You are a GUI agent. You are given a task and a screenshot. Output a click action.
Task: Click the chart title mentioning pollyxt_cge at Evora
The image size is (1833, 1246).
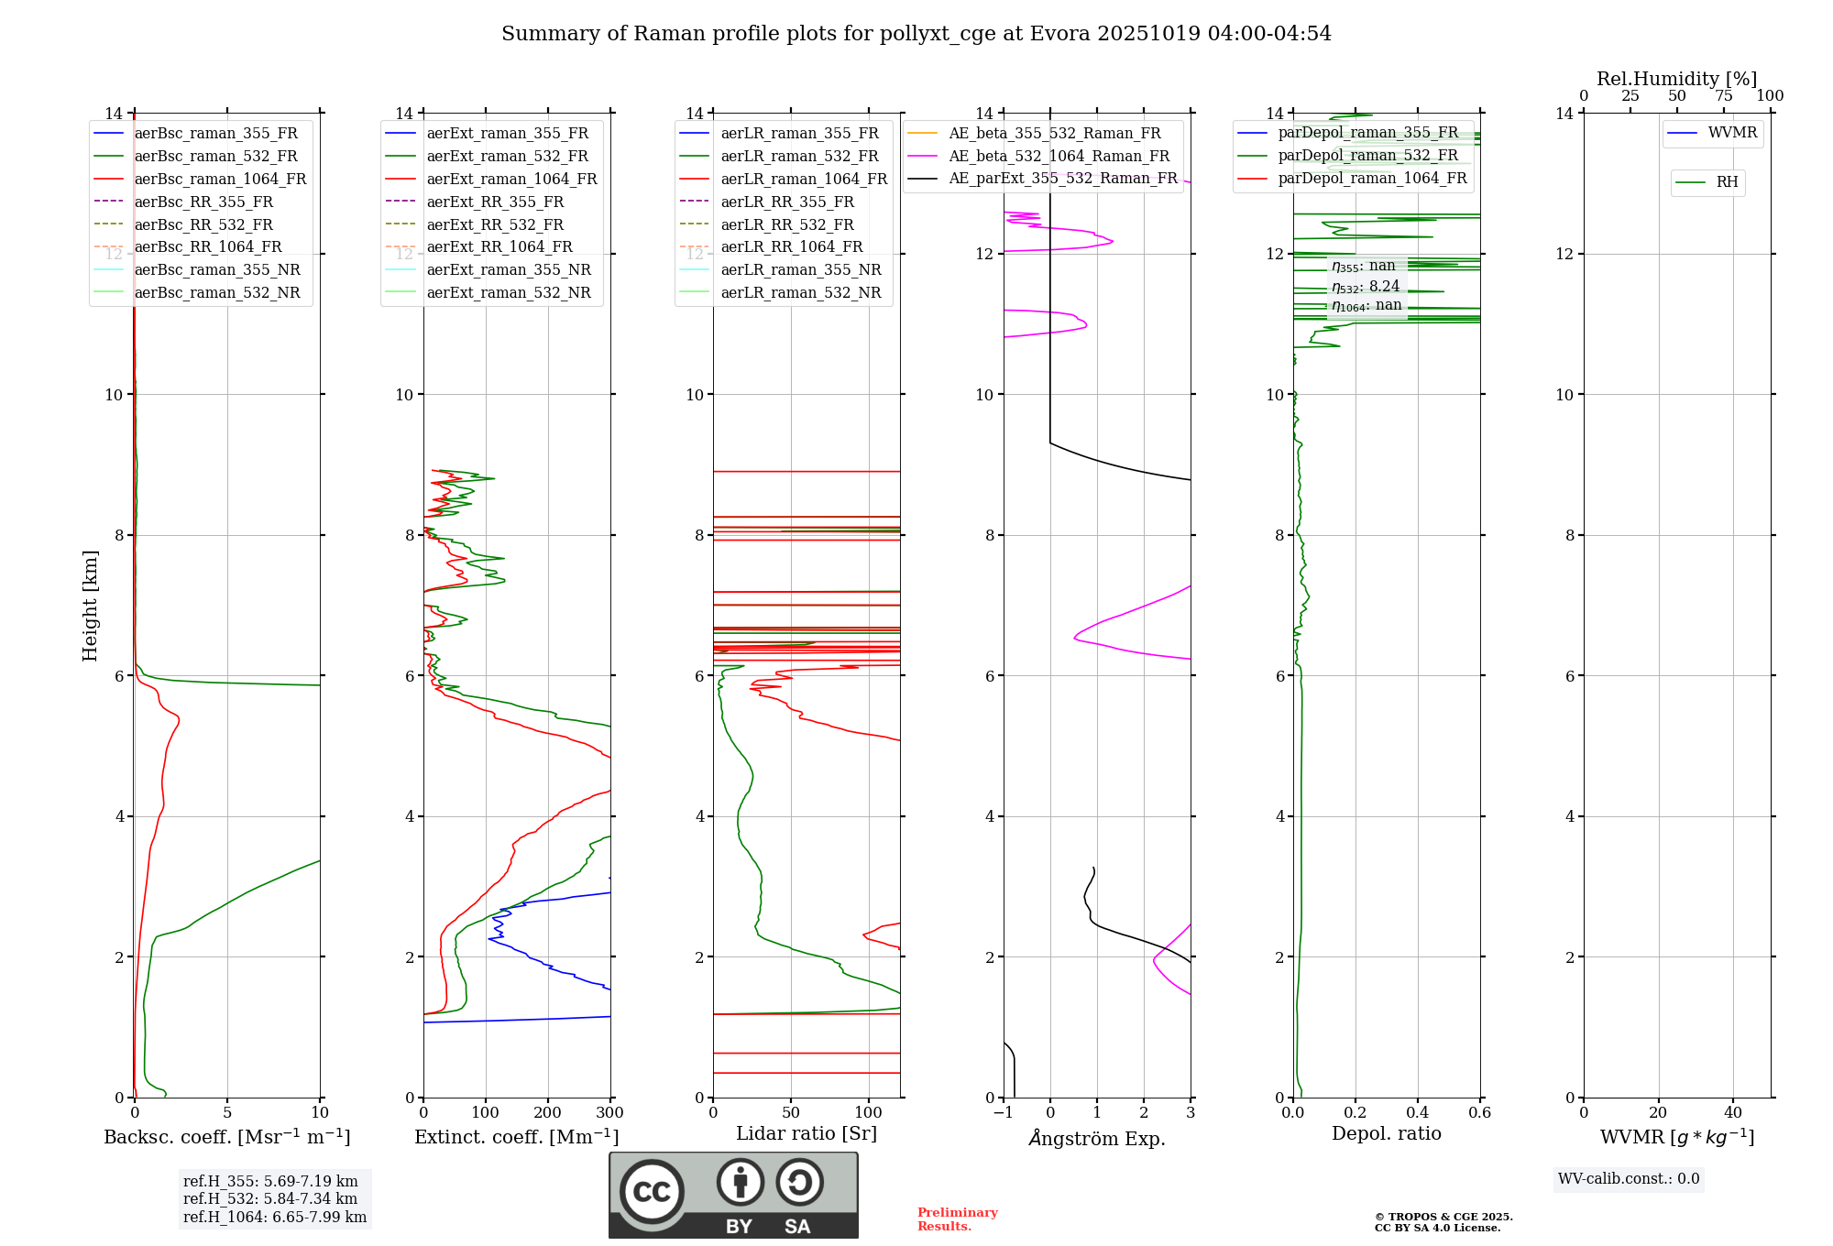click(916, 34)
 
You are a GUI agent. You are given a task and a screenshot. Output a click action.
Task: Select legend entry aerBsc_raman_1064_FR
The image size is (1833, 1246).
click(220, 180)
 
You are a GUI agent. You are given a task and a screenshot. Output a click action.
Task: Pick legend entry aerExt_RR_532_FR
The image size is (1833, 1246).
click(495, 225)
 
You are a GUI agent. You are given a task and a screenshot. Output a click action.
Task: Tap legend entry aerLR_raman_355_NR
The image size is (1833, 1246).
click(800, 270)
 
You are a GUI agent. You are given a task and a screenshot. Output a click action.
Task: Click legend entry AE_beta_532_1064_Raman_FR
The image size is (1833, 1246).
click(1059, 157)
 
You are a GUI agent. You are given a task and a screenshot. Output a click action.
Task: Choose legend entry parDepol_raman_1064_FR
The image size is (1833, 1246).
click(1372, 179)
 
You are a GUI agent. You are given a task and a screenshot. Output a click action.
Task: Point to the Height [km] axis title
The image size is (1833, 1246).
click(90, 606)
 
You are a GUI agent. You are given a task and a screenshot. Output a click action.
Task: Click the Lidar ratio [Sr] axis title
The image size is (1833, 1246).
click(807, 1134)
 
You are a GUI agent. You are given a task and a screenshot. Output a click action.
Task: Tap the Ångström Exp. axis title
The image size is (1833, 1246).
click(1097, 1139)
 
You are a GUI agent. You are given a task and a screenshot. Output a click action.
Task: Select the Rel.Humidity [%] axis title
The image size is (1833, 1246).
click(1676, 80)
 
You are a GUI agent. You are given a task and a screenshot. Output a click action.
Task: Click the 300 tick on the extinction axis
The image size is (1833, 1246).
click(609, 1113)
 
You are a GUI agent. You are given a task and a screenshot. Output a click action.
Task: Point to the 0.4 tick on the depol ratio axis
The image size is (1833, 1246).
click(1417, 1113)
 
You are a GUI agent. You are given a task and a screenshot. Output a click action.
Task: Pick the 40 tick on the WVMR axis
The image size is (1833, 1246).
click(1733, 1113)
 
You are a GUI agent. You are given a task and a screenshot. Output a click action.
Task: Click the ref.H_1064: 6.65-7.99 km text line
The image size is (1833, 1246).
click(275, 1218)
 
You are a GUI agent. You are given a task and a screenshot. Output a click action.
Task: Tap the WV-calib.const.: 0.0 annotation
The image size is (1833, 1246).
click(1629, 1179)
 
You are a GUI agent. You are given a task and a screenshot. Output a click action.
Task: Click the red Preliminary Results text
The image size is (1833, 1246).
click(958, 1219)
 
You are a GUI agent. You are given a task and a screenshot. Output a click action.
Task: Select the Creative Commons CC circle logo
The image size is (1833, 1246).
click(652, 1192)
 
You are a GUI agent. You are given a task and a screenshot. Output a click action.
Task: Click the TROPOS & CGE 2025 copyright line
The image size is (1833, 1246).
click(1443, 1218)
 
